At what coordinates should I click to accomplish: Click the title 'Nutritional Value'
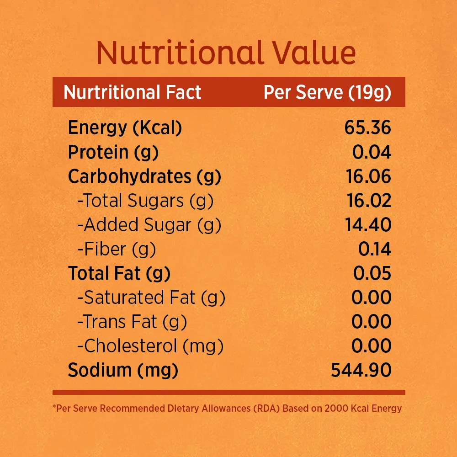click(x=226, y=53)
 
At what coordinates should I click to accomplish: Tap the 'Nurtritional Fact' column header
click(x=133, y=92)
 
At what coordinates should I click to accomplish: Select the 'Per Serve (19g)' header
click(x=327, y=93)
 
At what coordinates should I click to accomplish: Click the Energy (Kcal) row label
click(x=125, y=128)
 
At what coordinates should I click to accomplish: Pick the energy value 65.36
click(x=367, y=128)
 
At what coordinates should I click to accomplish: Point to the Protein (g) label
click(x=113, y=153)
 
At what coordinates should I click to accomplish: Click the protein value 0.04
click(x=371, y=152)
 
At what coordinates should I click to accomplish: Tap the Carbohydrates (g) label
click(x=144, y=176)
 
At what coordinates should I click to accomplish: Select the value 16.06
click(x=368, y=176)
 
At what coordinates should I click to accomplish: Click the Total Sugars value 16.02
click(x=369, y=201)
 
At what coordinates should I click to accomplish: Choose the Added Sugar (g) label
click(x=149, y=225)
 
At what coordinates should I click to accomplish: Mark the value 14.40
click(x=368, y=225)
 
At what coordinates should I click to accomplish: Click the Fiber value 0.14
click(x=375, y=249)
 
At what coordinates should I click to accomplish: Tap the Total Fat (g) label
click(x=119, y=273)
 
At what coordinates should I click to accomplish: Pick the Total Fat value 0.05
click(x=372, y=273)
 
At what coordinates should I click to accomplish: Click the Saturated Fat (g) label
click(x=151, y=298)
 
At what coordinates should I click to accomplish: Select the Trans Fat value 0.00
click(x=371, y=321)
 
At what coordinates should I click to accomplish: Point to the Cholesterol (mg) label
click(x=150, y=346)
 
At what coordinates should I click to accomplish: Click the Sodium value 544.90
click(x=361, y=370)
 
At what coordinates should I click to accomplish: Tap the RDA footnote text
click(x=227, y=408)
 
